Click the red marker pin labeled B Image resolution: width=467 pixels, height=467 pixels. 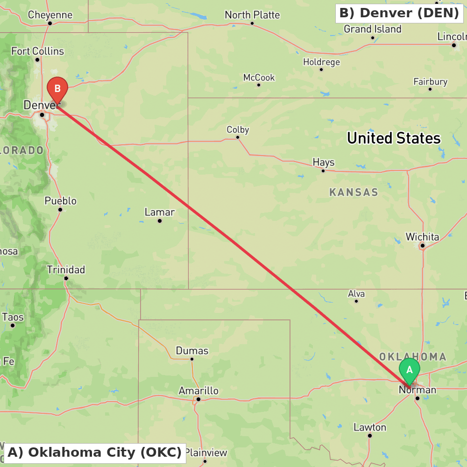57,89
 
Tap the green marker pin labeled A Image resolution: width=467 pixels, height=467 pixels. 410,370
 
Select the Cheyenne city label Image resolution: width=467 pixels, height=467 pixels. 50,15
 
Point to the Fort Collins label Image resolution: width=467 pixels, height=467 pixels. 37,51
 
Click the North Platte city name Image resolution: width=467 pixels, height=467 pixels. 252,15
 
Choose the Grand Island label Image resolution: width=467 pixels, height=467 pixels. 373,29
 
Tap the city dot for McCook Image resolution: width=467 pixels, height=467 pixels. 259,85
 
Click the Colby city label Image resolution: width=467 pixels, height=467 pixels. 238,129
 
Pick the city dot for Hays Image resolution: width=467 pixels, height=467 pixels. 323,170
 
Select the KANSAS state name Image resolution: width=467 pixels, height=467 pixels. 354,192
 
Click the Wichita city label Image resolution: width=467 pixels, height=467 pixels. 422,237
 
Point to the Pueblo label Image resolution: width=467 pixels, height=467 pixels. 60,201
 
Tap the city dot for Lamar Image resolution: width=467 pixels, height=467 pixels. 160,221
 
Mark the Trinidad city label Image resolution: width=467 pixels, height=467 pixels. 66,269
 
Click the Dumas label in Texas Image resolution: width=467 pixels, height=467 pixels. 192,351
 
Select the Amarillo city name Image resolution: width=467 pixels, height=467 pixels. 198,390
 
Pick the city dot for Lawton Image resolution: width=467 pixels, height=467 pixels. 370,436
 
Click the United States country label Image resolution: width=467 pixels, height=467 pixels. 394,138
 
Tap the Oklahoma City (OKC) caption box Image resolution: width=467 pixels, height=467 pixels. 95,453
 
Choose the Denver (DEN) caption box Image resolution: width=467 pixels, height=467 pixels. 399,13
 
